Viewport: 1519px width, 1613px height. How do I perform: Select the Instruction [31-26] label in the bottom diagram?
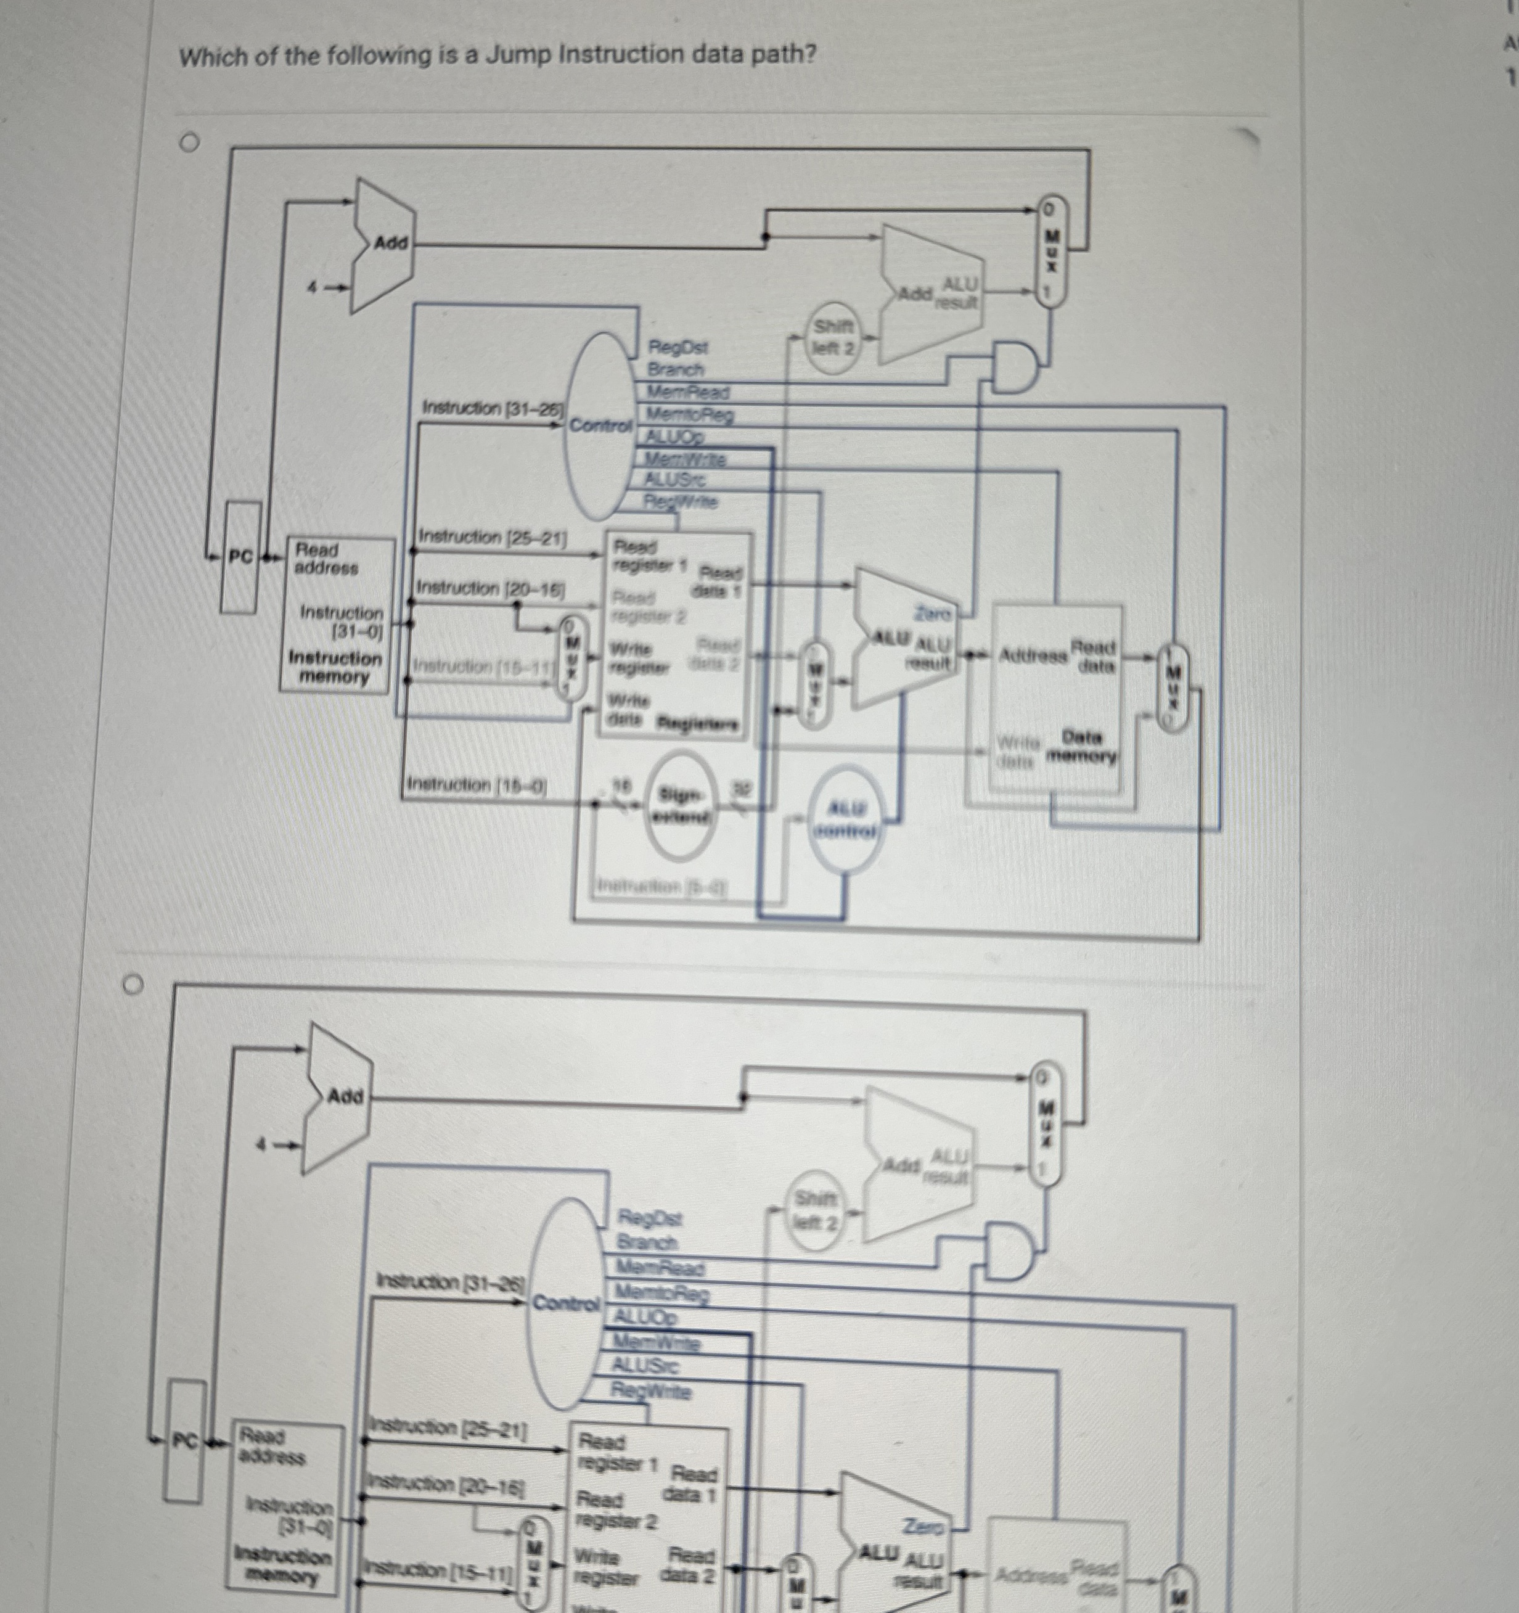451,1282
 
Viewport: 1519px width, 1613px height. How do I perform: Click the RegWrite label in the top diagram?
681,501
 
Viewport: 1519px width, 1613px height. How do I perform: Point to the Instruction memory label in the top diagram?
334,667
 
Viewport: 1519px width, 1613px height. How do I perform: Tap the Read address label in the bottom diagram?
272,1447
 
